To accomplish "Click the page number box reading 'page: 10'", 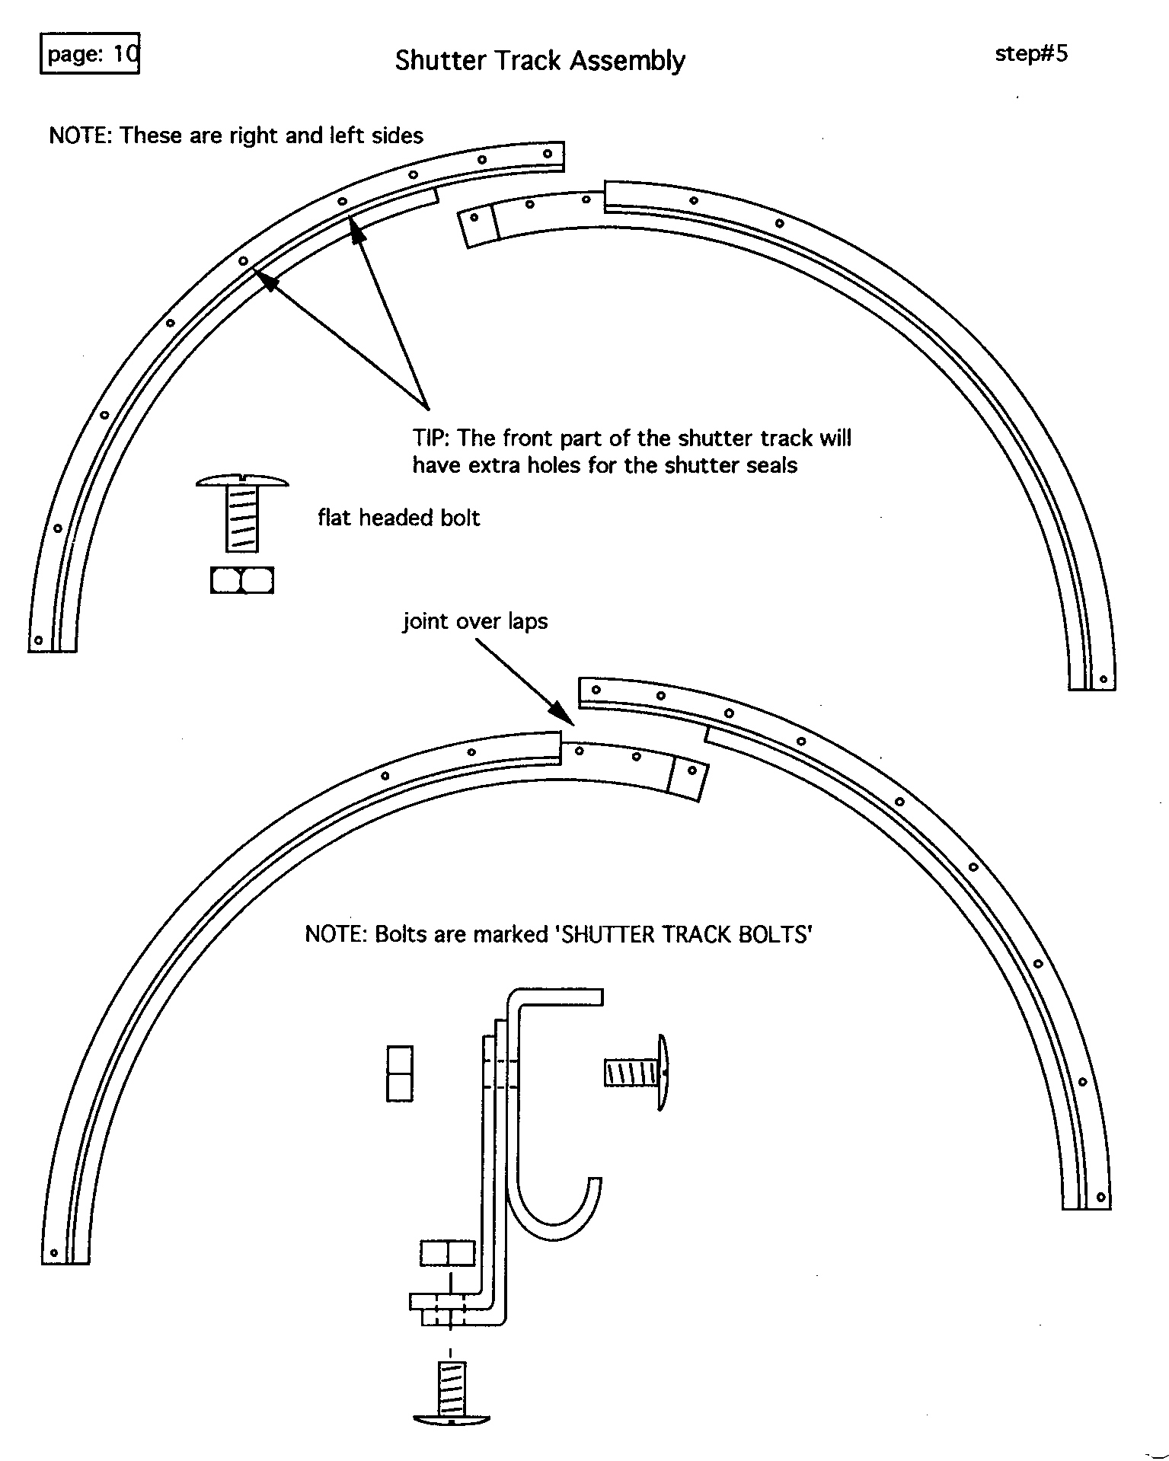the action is coord(89,53).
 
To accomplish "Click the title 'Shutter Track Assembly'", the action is coord(540,60).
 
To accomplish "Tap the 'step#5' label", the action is coord(1031,53).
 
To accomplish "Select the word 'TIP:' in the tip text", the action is coord(433,439).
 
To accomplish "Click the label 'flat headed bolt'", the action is coord(398,518).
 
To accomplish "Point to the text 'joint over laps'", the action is coord(475,621).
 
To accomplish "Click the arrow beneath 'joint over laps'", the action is coord(525,682).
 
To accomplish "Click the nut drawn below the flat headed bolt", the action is coord(242,580).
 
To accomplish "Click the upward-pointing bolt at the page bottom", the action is coord(452,1392).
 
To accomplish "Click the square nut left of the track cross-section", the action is coord(400,1073).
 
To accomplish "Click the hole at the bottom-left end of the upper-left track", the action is coord(38,640).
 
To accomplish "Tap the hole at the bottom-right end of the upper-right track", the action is coord(1103,679).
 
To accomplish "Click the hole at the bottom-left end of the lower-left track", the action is coord(54,1252).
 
